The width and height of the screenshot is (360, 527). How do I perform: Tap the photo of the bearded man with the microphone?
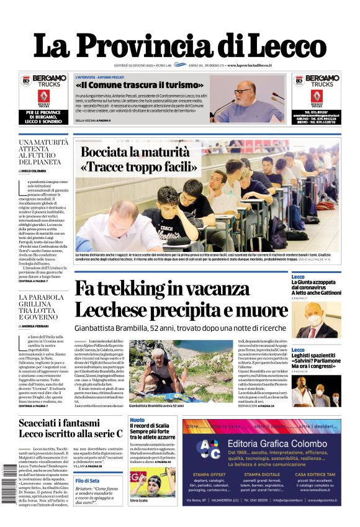(255, 98)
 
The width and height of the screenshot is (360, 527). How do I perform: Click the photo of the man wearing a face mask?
(324, 320)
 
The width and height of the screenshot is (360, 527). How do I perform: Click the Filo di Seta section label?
(88, 480)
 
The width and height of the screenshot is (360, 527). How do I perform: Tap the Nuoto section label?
(137, 420)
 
